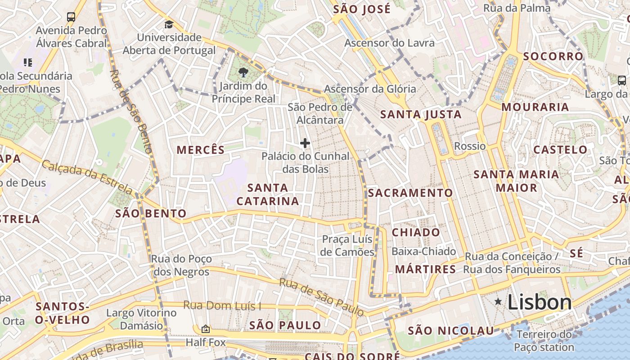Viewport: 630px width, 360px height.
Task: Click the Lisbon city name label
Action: coord(540,302)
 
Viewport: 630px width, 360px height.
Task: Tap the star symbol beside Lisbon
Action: coord(498,301)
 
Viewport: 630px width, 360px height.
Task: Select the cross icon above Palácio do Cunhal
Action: coord(305,144)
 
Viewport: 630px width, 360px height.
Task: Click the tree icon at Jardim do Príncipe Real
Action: coord(243,72)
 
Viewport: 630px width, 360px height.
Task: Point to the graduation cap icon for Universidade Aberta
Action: coord(169,25)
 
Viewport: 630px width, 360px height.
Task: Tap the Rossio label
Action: coord(470,146)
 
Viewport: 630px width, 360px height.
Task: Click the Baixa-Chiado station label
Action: coord(423,252)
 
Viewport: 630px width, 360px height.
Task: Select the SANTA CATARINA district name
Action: coord(268,194)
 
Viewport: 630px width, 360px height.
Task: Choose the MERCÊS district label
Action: coord(200,150)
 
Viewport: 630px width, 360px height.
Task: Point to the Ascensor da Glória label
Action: coord(370,89)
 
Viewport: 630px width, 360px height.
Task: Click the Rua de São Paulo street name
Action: coord(321,297)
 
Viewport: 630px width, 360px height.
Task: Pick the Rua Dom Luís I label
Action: coord(222,306)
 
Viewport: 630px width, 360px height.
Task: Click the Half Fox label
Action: coord(206,343)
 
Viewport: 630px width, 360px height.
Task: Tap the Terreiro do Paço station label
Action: coord(544,341)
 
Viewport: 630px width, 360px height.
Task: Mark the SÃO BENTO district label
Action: coord(151,213)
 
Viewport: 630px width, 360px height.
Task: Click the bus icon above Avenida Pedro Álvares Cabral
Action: coord(71,17)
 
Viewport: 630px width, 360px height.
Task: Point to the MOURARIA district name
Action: coord(535,107)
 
